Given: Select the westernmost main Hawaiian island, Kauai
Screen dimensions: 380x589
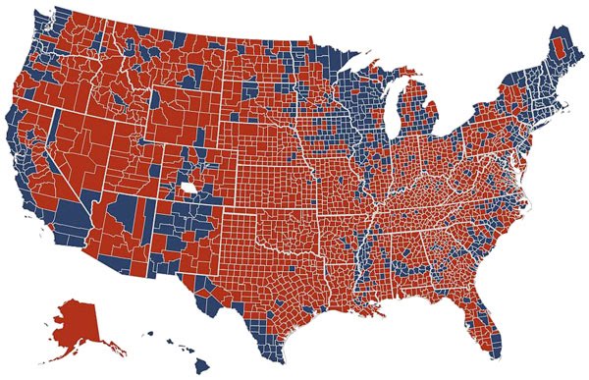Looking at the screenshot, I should [x=149, y=334].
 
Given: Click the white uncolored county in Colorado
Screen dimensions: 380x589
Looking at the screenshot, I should [x=187, y=187].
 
